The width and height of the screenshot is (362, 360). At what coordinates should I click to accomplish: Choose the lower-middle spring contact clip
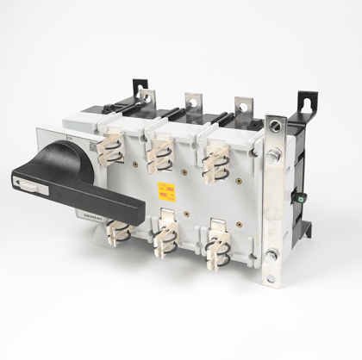coord(165,242)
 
